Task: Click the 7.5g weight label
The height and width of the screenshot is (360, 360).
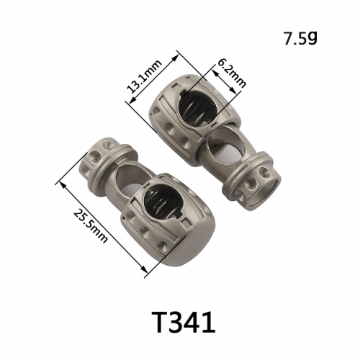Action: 300,38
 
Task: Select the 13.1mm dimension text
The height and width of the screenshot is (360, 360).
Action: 144,77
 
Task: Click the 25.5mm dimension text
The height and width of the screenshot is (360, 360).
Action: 90,226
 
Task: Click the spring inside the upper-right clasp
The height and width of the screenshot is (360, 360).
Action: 197,107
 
